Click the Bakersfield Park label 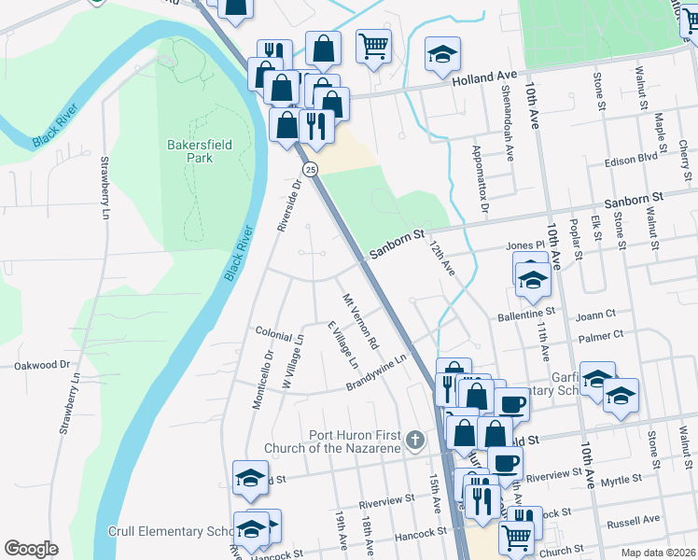[x=190, y=151]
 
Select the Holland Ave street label [x=484, y=81]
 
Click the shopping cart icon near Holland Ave [x=373, y=44]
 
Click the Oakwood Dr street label [x=43, y=365]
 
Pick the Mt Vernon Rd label [x=360, y=322]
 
